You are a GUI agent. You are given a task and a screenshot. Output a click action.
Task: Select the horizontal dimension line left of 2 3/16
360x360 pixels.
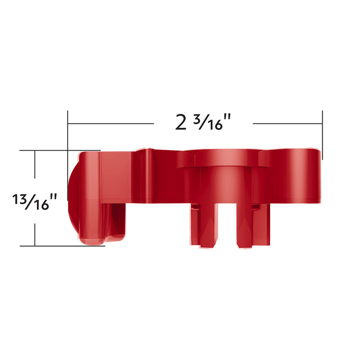tap(110, 123)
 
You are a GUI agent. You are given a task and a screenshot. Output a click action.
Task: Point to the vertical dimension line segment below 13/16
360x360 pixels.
tap(35, 229)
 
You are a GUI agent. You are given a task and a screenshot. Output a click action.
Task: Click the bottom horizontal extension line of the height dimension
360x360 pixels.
tap(63, 246)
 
